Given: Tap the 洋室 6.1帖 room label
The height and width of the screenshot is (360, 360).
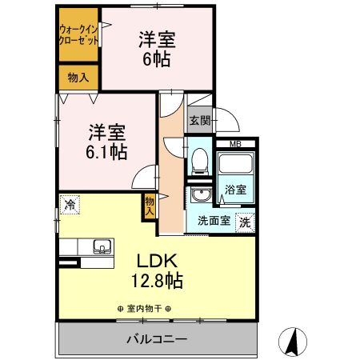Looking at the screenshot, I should [107, 141].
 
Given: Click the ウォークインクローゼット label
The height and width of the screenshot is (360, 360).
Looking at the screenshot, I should [78, 36].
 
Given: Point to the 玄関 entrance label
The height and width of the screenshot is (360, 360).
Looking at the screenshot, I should [200, 121].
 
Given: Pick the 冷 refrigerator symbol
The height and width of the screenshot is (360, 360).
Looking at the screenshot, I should [70, 205].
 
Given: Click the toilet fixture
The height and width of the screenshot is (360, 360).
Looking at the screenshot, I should [200, 159].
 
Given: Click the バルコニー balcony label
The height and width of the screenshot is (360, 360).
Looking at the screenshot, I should [156, 339].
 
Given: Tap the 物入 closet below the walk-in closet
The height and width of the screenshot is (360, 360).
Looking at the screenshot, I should [78, 78].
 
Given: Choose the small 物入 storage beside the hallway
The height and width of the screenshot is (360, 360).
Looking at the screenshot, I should [150, 206].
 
